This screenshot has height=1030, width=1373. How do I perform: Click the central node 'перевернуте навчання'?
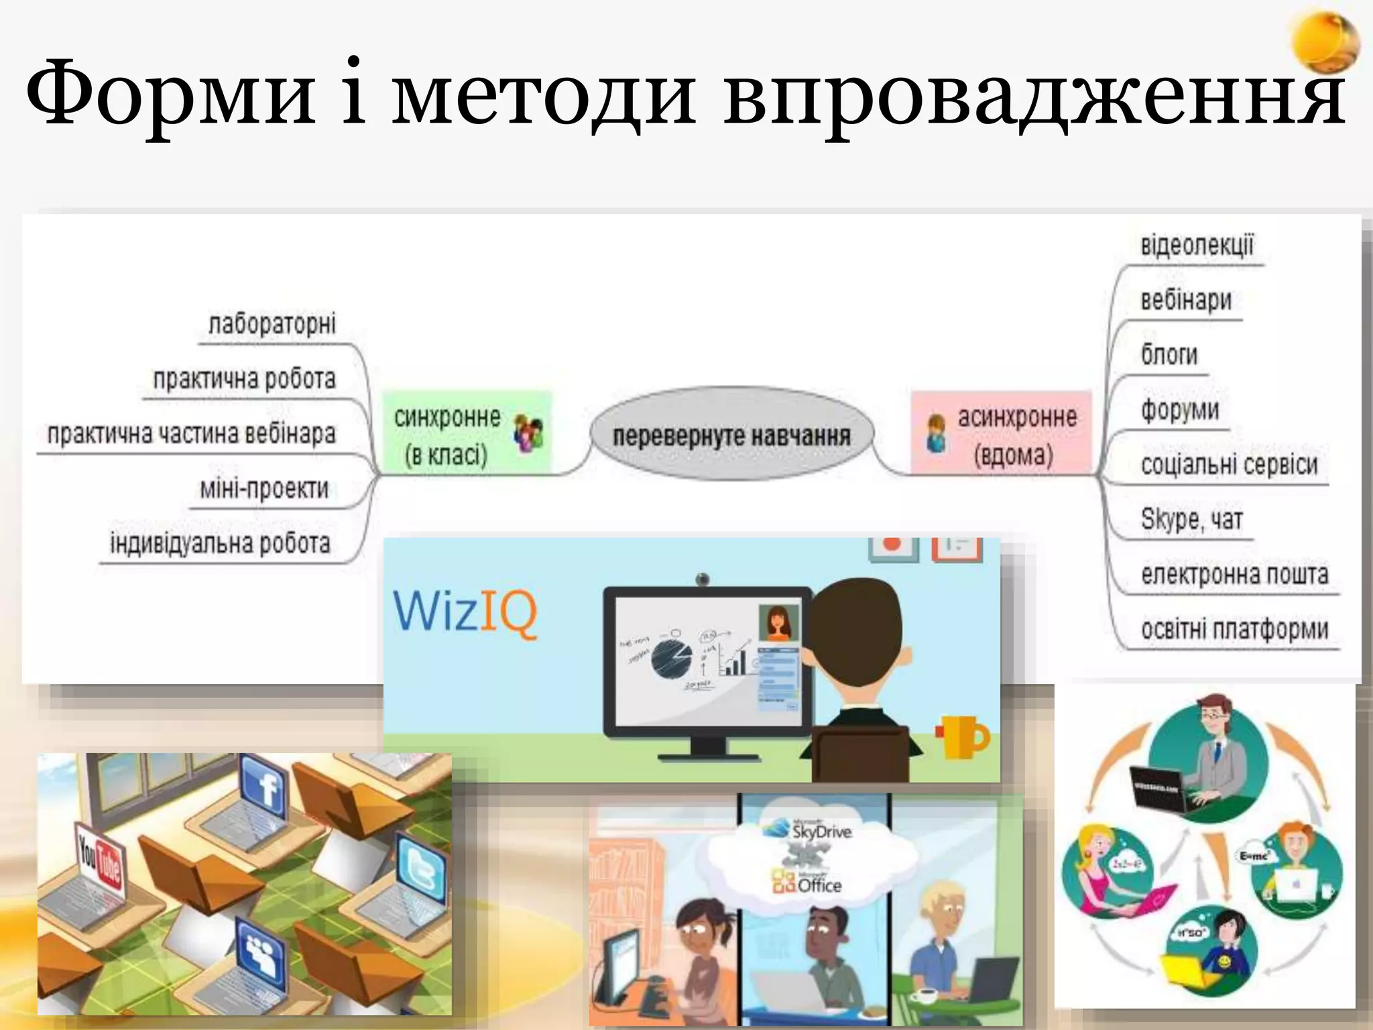coord(731,435)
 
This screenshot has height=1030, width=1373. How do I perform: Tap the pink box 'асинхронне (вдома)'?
coord(1002,435)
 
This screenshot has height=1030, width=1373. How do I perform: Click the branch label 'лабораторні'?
coord(272,324)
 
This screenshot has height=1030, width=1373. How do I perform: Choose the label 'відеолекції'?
coord(1197,245)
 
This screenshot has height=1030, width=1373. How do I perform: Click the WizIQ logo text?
coord(465,612)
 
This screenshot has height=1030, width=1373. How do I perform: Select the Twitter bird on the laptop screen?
coord(421,870)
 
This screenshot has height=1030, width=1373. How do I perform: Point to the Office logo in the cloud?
coord(807,884)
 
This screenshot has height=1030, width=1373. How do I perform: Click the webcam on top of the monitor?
coord(702,579)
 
